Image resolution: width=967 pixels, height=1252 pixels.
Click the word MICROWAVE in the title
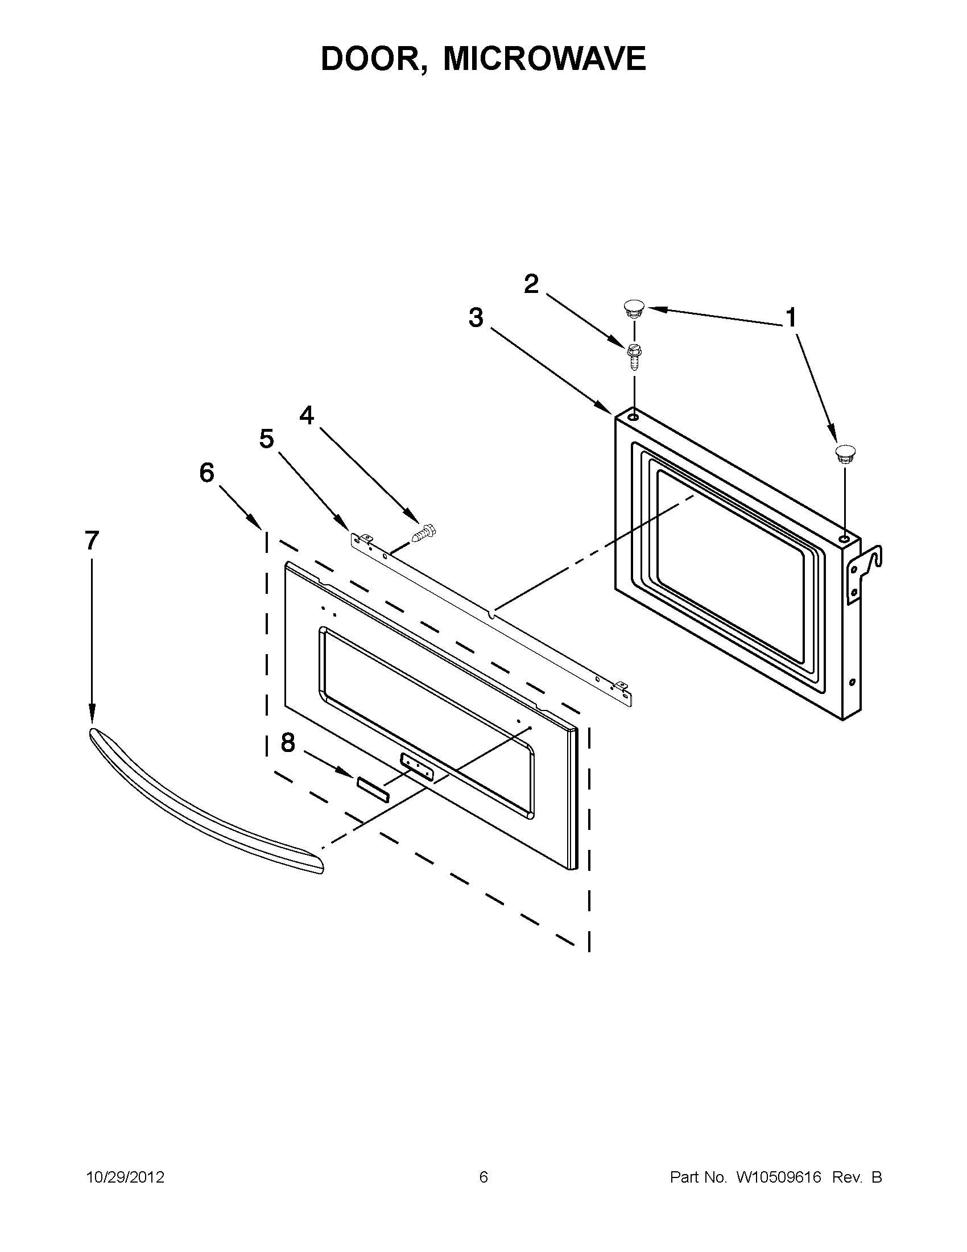[x=544, y=59]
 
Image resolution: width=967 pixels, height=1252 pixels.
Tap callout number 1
[x=791, y=317]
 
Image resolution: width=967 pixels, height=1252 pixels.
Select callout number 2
[x=531, y=284]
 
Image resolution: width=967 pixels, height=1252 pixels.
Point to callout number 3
[x=476, y=317]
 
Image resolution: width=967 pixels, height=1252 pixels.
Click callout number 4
[x=307, y=415]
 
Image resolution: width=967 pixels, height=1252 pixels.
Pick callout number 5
[x=267, y=439]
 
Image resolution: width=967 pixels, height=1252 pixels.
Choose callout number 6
[x=207, y=473]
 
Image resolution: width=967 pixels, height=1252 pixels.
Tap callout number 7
[x=92, y=540]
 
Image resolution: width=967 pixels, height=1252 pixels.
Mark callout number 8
[x=288, y=743]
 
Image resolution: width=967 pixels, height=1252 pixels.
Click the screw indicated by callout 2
[x=634, y=357]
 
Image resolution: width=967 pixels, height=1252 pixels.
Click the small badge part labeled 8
[x=373, y=788]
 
